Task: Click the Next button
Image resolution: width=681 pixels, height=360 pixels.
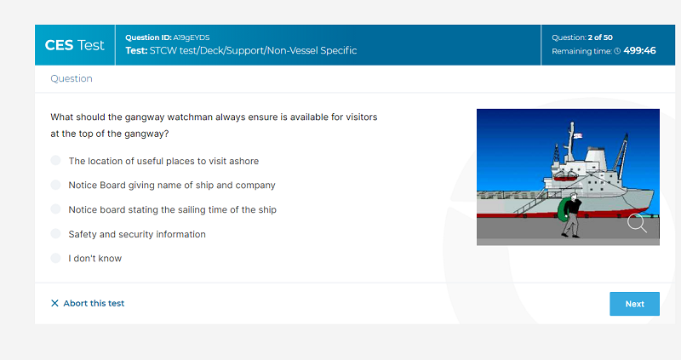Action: click(634, 304)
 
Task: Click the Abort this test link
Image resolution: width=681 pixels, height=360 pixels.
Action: click(88, 303)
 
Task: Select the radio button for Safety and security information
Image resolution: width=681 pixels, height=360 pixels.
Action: click(55, 234)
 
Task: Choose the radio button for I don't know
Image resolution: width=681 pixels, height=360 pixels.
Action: click(55, 258)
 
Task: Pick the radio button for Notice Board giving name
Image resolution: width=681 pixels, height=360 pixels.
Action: click(55, 185)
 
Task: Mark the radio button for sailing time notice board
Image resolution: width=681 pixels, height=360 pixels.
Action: click(55, 209)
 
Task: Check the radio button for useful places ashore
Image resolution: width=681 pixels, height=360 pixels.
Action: click(55, 160)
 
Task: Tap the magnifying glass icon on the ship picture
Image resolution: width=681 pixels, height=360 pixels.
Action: click(637, 223)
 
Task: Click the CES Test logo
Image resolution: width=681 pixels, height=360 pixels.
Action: click(75, 45)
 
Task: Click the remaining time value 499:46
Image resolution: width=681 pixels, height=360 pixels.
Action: click(639, 50)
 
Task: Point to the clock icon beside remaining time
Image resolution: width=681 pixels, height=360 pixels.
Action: click(617, 51)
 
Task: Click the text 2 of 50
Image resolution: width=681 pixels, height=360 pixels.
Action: click(600, 37)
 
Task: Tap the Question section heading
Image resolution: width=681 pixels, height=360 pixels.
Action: click(72, 78)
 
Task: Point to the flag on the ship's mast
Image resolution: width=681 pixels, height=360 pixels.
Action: click(578, 136)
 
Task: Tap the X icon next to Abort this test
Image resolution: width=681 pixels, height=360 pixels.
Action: click(54, 303)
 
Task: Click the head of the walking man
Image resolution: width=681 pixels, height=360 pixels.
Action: click(574, 197)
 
